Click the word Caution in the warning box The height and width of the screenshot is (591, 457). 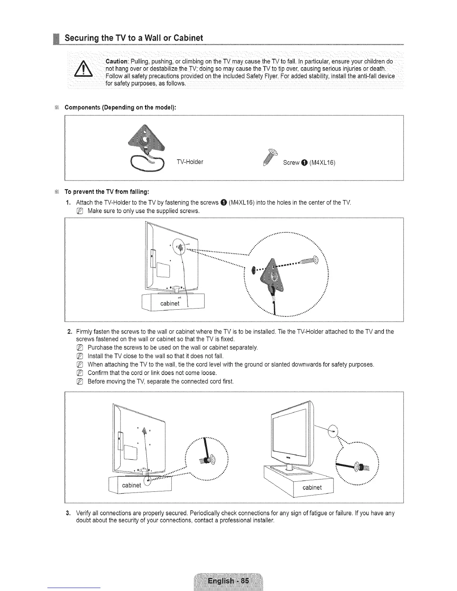click(x=117, y=61)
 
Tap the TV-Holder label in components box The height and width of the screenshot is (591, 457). click(x=190, y=162)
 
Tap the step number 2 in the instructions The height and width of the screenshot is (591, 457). click(x=69, y=331)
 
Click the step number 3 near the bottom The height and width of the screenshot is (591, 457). click(x=69, y=513)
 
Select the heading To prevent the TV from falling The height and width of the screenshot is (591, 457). click(x=107, y=192)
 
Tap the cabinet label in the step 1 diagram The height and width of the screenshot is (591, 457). click(x=170, y=303)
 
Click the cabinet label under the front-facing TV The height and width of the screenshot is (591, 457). click(x=312, y=487)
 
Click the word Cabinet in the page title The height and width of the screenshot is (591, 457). click(x=186, y=38)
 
